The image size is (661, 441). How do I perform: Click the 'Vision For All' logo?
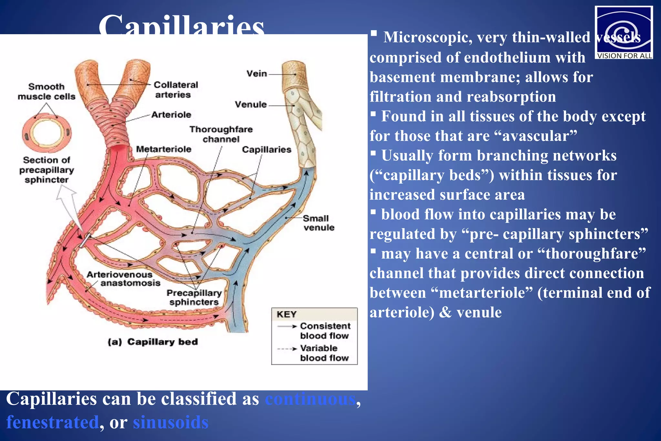click(624, 32)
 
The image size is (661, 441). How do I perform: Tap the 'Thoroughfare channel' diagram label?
click(221, 134)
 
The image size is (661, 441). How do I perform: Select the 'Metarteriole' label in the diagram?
click(164, 149)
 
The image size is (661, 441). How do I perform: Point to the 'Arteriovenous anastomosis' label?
click(124, 279)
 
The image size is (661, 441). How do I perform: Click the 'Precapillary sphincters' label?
click(194, 297)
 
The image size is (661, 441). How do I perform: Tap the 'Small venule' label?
click(318, 223)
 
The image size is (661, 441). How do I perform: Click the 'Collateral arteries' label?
click(175, 90)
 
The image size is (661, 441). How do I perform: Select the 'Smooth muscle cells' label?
click(46, 91)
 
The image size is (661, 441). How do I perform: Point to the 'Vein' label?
click(257, 74)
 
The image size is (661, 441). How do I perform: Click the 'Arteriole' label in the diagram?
click(171, 115)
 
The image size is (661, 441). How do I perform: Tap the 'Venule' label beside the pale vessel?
click(251, 105)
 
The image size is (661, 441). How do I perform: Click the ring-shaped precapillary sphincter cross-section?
click(47, 133)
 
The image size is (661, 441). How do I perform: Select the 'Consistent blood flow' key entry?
click(324, 331)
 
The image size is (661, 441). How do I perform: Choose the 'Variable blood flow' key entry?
click(324, 353)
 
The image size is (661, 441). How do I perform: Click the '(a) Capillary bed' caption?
click(153, 342)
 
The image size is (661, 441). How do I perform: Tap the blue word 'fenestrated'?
click(53, 422)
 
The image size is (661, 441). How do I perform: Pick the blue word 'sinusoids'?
click(171, 422)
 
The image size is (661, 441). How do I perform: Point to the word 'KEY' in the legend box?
click(286, 314)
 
